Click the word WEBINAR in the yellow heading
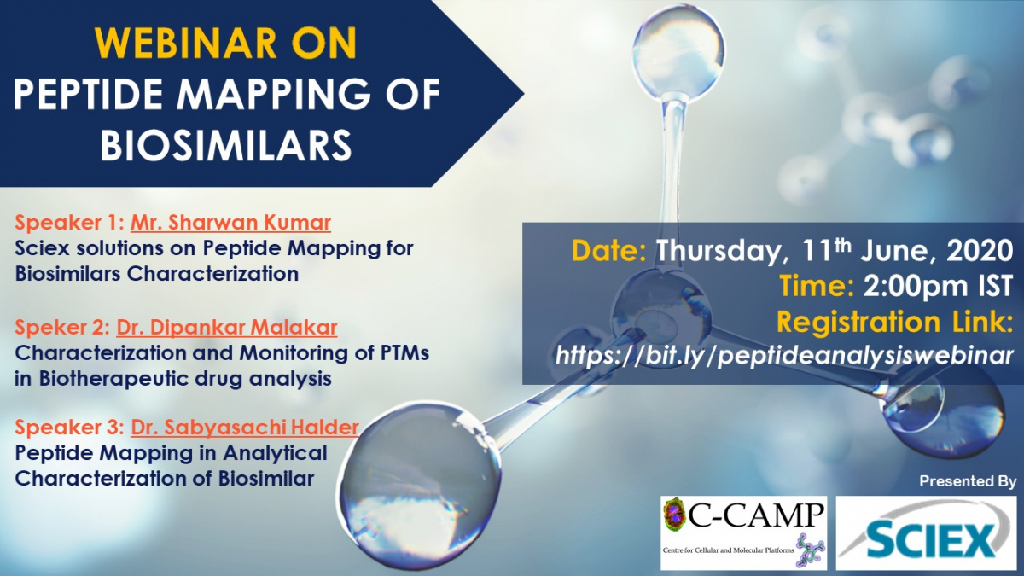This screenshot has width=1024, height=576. tap(186, 43)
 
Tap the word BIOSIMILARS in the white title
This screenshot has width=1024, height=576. tap(226, 144)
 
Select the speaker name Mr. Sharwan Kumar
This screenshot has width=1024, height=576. tap(231, 223)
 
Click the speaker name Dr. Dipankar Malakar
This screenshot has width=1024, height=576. tap(227, 328)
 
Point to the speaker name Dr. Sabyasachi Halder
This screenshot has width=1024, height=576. tap(245, 428)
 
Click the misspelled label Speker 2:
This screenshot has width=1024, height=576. tap(62, 328)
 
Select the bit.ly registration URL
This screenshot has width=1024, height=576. tap(784, 355)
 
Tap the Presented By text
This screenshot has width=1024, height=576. tap(968, 481)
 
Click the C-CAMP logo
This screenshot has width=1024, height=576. tap(744, 532)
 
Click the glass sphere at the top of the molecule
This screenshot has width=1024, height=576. tap(678, 53)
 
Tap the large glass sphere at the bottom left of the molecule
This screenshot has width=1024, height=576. tap(420, 486)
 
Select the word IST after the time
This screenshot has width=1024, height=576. tap(995, 287)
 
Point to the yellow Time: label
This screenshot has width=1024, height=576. tap(817, 287)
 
